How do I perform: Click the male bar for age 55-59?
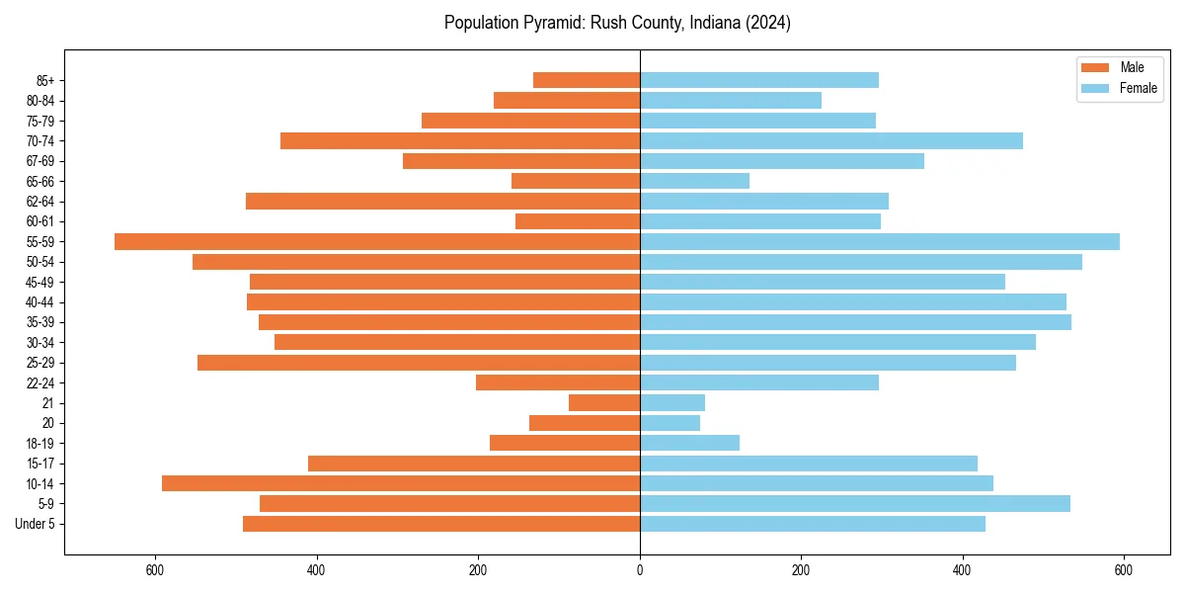[x=377, y=242]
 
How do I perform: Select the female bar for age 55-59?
[x=879, y=242]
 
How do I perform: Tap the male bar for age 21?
[x=604, y=403]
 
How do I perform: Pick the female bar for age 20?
[x=670, y=423]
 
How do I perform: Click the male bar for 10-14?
[x=401, y=483]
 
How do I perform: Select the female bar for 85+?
[x=758, y=80]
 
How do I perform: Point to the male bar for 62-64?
[x=442, y=202]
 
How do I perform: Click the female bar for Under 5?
[x=812, y=524]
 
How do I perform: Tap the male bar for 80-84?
[x=567, y=101]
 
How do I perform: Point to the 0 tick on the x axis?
[x=640, y=570]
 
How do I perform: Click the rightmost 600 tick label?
[x=1123, y=570]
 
